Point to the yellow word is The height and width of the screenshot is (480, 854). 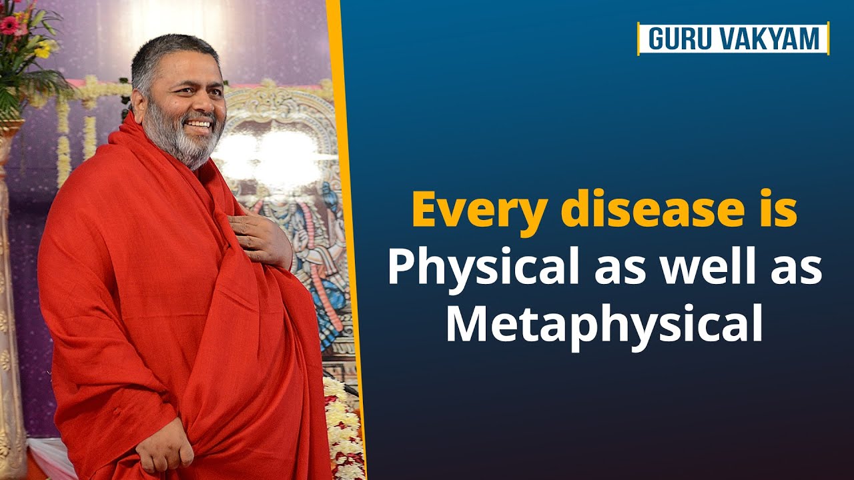[779, 211]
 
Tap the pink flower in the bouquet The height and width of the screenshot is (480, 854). [9, 25]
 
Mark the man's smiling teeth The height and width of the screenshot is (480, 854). [199, 124]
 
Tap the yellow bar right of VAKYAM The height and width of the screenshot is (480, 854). [828, 38]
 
